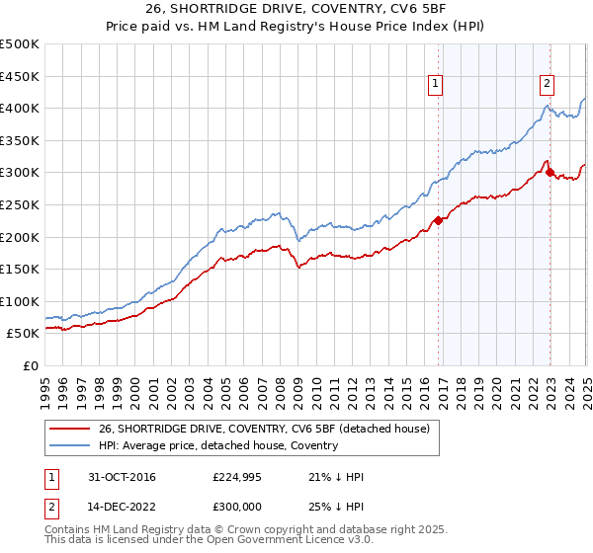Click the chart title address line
point(296,11)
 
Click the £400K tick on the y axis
point(20,108)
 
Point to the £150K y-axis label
point(20,269)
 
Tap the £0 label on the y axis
point(31,365)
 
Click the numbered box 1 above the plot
point(436,85)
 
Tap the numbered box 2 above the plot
point(547,85)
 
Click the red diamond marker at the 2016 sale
point(438,220)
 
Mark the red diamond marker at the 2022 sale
point(550,172)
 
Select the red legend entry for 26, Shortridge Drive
point(264,429)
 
